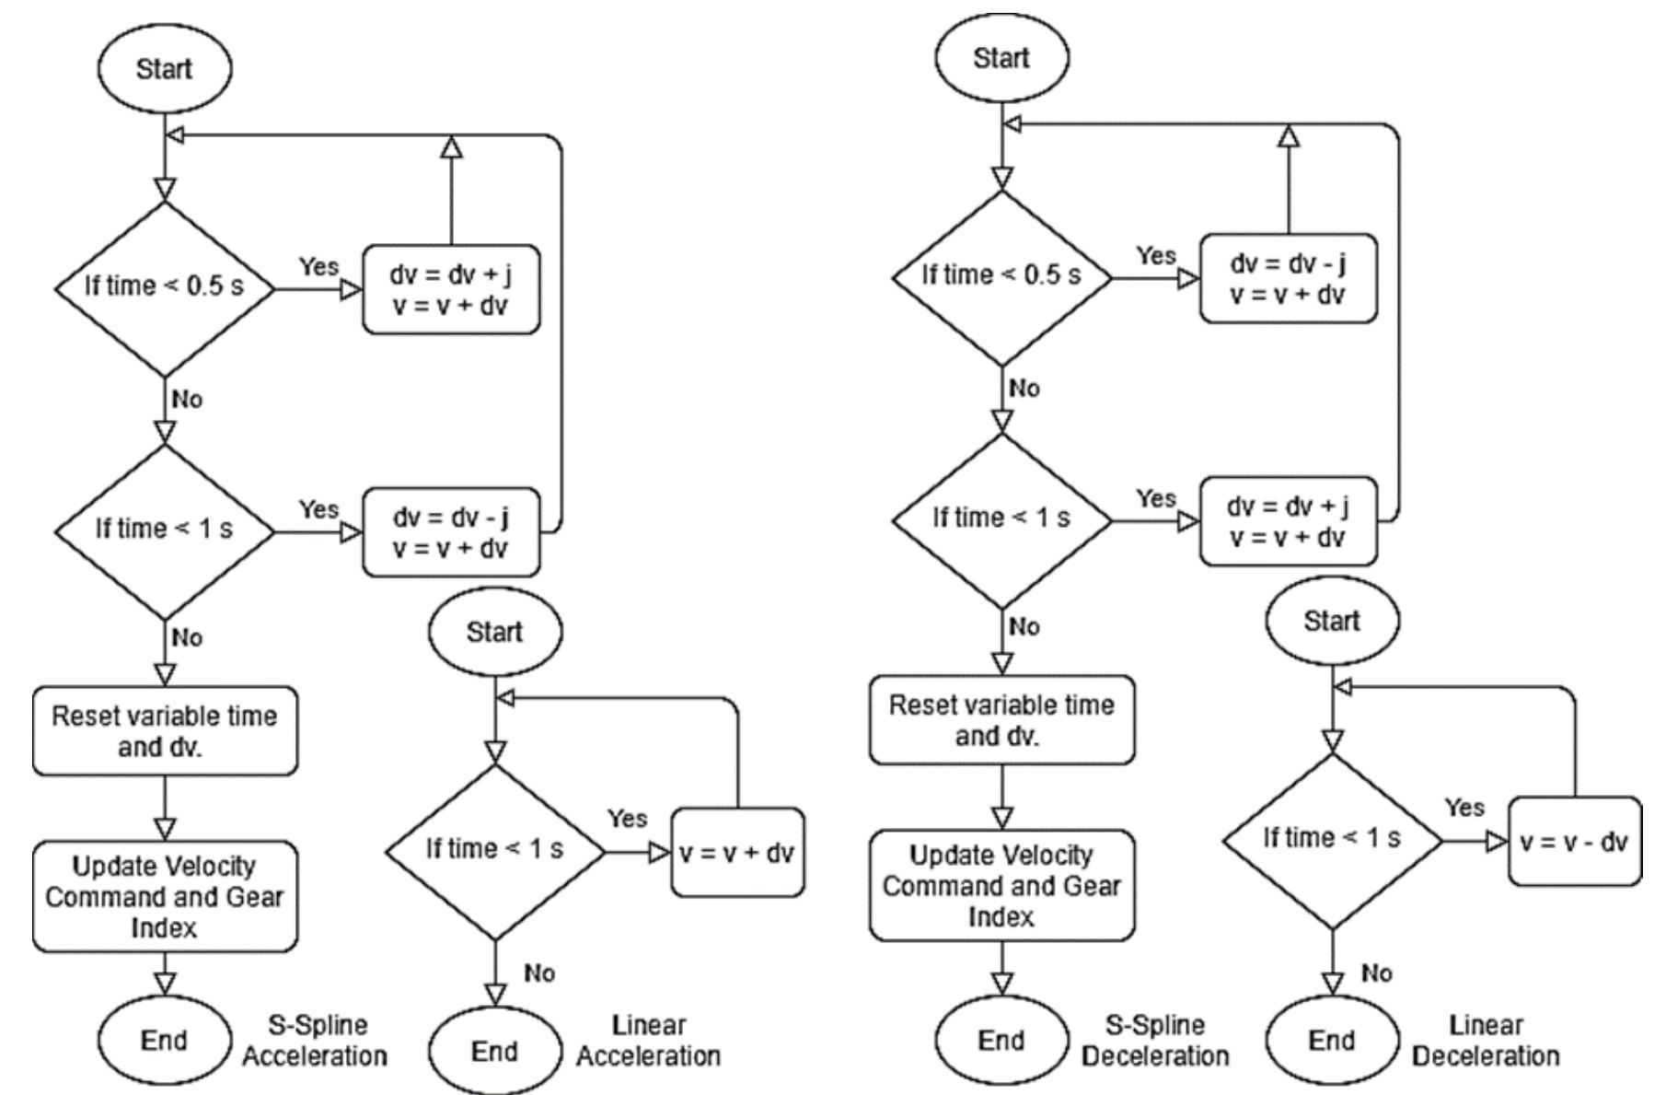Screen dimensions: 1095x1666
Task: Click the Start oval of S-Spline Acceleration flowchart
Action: point(164,69)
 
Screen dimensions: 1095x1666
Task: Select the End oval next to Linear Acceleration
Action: point(494,1051)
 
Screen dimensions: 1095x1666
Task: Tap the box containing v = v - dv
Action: point(1575,842)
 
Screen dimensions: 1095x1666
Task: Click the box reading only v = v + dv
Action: point(737,853)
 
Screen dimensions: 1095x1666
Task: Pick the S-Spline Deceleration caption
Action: point(1155,1041)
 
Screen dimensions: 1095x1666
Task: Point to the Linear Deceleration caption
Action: point(1485,1041)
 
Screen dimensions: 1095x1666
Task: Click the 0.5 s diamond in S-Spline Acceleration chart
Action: point(165,287)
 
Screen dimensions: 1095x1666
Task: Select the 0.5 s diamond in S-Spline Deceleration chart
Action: point(1002,276)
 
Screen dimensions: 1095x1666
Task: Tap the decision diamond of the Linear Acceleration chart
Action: point(495,850)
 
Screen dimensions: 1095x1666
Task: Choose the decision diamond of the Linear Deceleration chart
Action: point(1332,839)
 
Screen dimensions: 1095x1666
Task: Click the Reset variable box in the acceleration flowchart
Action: point(165,730)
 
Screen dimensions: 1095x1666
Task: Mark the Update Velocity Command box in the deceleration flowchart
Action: point(1002,885)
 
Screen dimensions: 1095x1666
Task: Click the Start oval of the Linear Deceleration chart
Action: point(1332,621)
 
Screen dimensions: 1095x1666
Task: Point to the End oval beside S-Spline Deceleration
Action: point(1001,1041)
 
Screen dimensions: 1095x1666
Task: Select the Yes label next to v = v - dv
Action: point(1464,808)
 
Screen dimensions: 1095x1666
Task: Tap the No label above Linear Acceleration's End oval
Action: point(539,973)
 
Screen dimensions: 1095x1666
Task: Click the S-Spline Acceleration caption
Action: point(315,1041)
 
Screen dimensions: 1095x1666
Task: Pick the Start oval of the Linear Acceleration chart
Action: point(494,632)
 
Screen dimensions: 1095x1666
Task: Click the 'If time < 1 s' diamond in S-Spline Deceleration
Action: point(1002,518)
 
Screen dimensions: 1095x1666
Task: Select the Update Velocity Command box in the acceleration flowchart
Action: point(165,896)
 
